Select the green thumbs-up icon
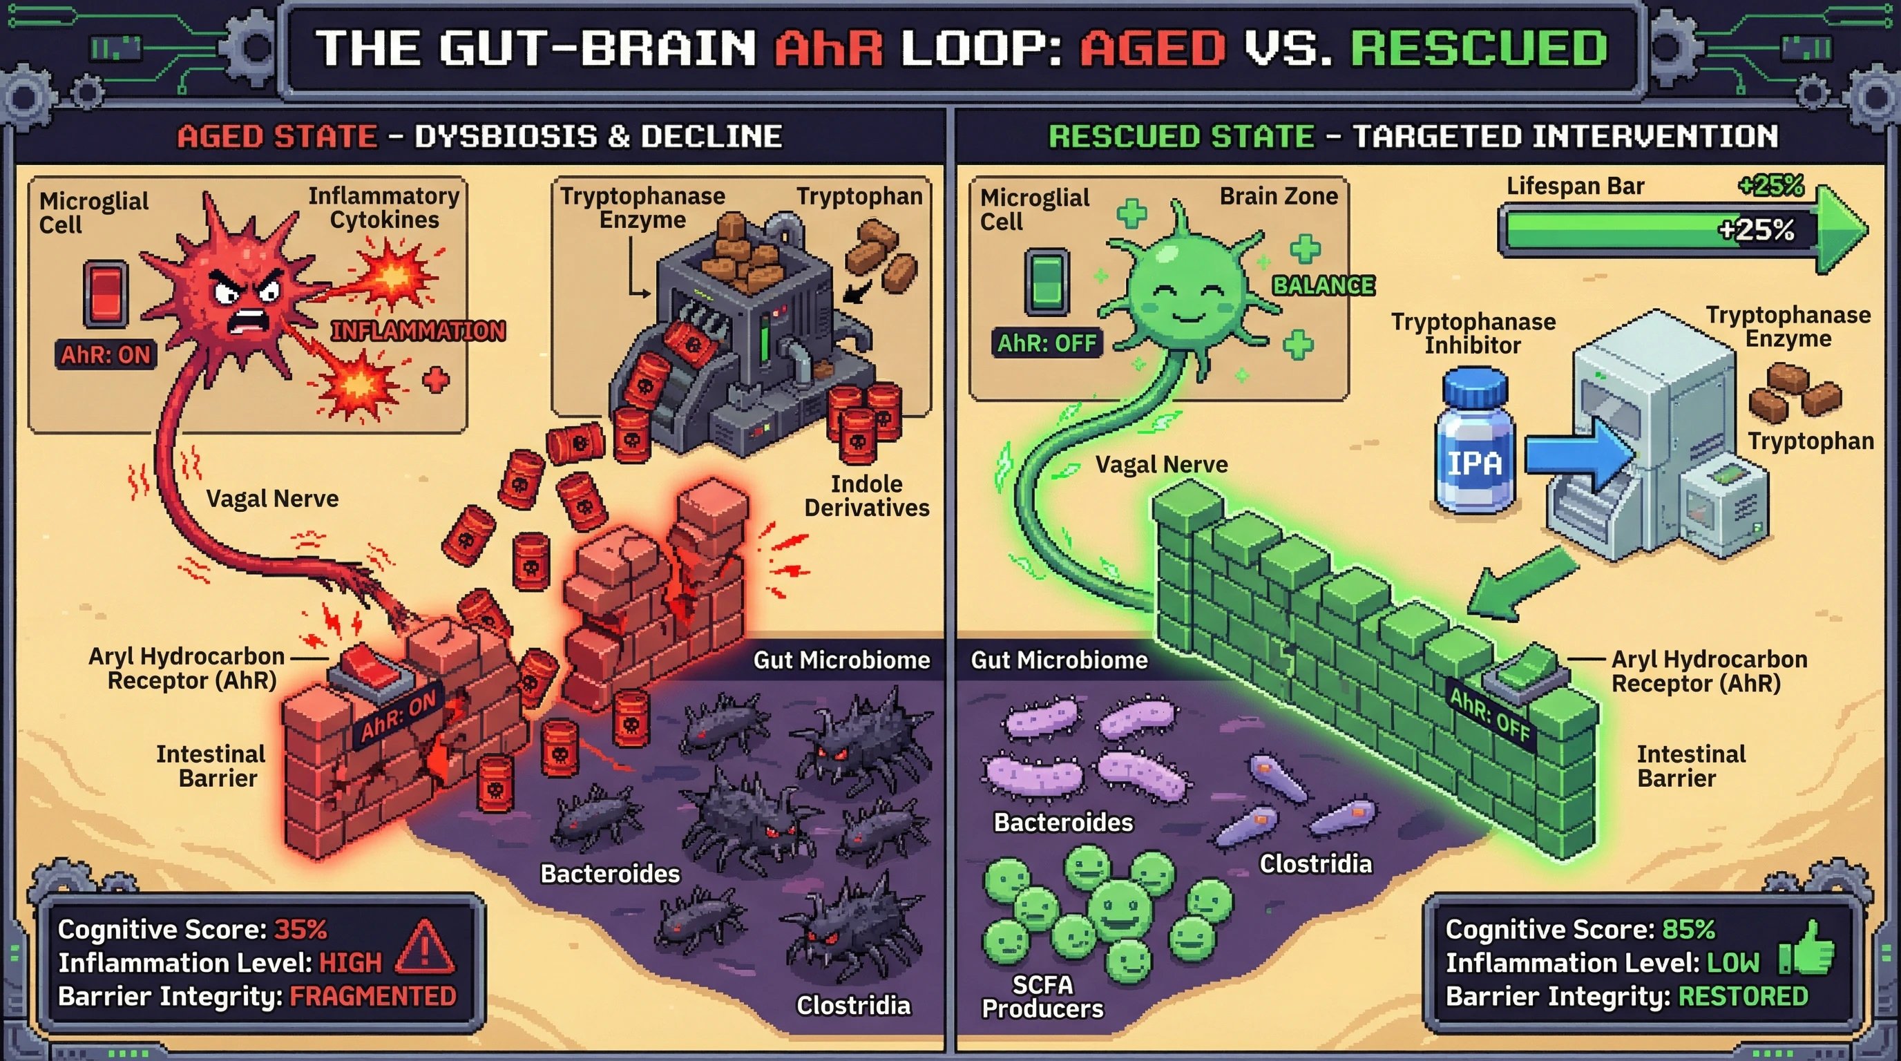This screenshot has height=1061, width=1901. click(x=1808, y=950)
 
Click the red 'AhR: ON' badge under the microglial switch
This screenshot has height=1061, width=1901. click(x=106, y=355)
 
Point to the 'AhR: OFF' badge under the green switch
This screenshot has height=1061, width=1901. click(x=1047, y=343)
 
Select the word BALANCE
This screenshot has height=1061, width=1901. click(x=1324, y=285)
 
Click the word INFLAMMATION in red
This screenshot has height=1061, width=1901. click(x=418, y=332)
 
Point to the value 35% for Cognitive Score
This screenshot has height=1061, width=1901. click(x=300, y=930)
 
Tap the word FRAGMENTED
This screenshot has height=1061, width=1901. click(x=373, y=997)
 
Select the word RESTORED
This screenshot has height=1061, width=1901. click(x=1743, y=997)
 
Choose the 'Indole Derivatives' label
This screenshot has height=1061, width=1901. click(x=866, y=496)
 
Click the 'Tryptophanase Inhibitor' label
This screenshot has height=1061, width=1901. click(x=1473, y=334)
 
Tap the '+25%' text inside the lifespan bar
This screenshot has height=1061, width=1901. click(x=1756, y=230)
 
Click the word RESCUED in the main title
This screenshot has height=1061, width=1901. click(x=1479, y=48)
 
